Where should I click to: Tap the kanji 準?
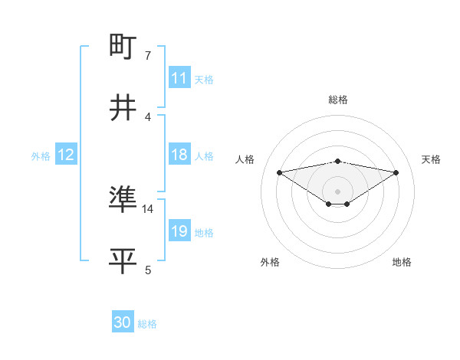click(x=123, y=201)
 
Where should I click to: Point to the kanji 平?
click(x=123, y=261)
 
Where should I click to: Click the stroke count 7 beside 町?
click(x=148, y=56)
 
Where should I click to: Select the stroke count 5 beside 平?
click(x=148, y=270)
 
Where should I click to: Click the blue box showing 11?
click(x=179, y=78)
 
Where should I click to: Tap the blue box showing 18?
click(x=179, y=155)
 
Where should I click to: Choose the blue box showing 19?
click(x=179, y=231)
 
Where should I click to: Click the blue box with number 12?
click(x=66, y=155)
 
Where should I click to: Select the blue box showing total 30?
click(x=123, y=322)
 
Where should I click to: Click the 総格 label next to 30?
click(x=147, y=324)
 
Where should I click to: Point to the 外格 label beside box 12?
click(x=41, y=156)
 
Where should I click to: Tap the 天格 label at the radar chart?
click(x=431, y=159)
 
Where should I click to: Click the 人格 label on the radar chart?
click(x=245, y=159)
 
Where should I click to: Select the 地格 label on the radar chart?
click(x=402, y=262)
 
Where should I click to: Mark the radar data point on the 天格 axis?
click(x=396, y=172)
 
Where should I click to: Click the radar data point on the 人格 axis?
click(x=280, y=172)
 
